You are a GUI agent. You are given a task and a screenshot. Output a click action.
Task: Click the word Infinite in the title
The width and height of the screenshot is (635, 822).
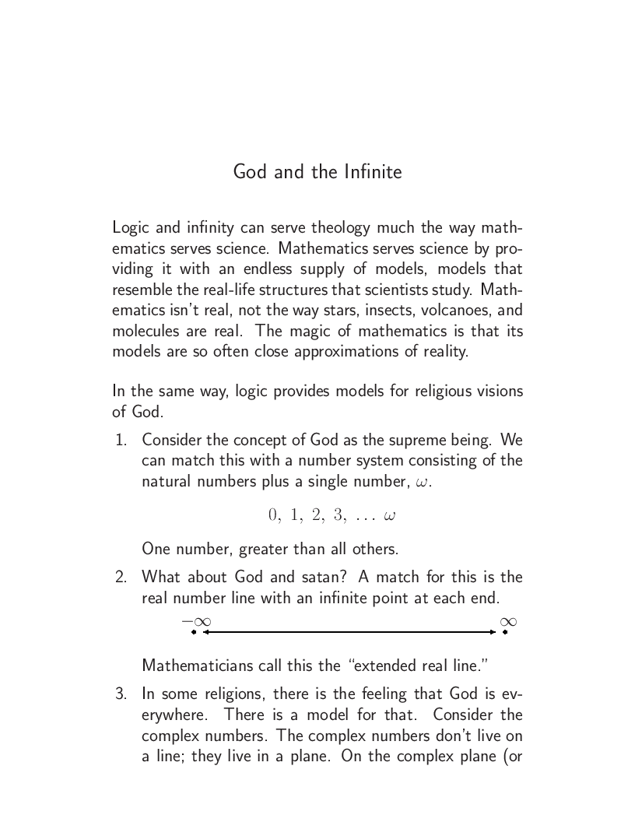click(x=372, y=171)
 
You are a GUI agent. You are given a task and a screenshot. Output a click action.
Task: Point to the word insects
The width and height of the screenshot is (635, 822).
click(x=395, y=310)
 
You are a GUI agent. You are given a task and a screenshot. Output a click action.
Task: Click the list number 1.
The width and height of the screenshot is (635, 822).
click(x=121, y=440)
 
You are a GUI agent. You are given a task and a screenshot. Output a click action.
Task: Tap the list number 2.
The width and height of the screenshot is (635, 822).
click(x=121, y=578)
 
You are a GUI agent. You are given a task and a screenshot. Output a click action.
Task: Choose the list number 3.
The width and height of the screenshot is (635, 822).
click(x=121, y=694)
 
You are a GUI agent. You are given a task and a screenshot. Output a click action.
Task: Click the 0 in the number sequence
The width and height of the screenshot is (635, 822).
click(x=272, y=515)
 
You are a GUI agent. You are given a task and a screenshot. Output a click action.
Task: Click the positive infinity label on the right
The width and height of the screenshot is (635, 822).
click(x=508, y=621)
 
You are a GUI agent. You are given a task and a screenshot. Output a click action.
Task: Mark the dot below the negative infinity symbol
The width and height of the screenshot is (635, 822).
click(x=194, y=632)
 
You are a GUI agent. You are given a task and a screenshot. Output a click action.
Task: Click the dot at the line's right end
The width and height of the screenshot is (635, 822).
click(x=505, y=632)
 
